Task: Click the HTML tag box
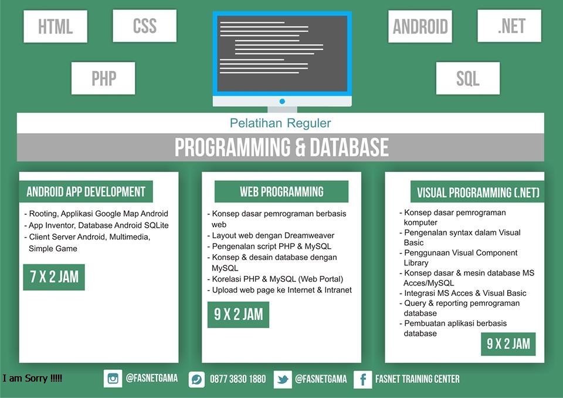(55, 27)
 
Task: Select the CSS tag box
(144, 26)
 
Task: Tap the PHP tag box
(103, 78)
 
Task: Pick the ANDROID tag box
(420, 26)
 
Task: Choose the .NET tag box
(510, 26)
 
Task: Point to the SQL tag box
(468, 78)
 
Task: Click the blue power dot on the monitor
(282, 102)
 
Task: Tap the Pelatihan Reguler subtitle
(280, 123)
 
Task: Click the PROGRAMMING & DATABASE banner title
(281, 147)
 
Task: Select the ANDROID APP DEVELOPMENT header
(86, 192)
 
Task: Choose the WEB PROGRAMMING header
(281, 191)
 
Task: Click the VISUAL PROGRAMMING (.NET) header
(478, 193)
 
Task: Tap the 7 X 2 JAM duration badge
(54, 277)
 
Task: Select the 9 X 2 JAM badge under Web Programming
(238, 315)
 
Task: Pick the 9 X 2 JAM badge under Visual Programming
(508, 344)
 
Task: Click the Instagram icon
(113, 379)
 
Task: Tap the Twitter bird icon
(283, 379)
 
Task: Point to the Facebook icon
(362, 379)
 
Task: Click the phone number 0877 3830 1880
(238, 379)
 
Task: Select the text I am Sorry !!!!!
(32, 379)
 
